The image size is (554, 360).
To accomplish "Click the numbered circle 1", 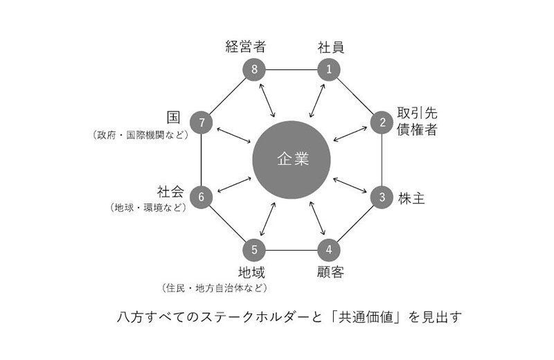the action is click(x=329, y=69).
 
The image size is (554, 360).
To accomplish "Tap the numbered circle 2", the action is click(x=382, y=123).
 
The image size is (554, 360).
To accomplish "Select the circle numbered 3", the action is click(x=382, y=197).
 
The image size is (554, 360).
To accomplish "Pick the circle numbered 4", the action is click(x=329, y=250).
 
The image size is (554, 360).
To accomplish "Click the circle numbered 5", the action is click(x=254, y=250).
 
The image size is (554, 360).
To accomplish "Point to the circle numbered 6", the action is click(x=202, y=197).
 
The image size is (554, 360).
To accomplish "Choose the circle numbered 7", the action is click(x=202, y=123).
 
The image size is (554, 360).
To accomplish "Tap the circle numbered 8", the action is click(x=254, y=69).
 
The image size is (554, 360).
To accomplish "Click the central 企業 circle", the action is click(x=292, y=160).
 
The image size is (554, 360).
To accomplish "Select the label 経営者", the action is click(x=246, y=46).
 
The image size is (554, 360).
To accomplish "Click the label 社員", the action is click(x=331, y=47).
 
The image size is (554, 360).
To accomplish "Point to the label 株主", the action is click(x=411, y=198).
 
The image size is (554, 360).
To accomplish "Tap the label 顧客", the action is click(x=330, y=272).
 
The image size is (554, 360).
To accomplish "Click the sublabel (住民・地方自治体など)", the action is click(x=215, y=288).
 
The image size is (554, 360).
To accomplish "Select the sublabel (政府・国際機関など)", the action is click(x=141, y=135).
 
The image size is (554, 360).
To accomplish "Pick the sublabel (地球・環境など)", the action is click(x=148, y=208).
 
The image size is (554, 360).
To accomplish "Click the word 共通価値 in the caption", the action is click(x=366, y=317).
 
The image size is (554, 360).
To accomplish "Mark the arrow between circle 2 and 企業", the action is click(x=350, y=134).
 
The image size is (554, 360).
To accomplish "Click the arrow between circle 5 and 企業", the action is click(x=267, y=219).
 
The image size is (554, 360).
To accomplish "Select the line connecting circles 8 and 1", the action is click(x=292, y=70).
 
